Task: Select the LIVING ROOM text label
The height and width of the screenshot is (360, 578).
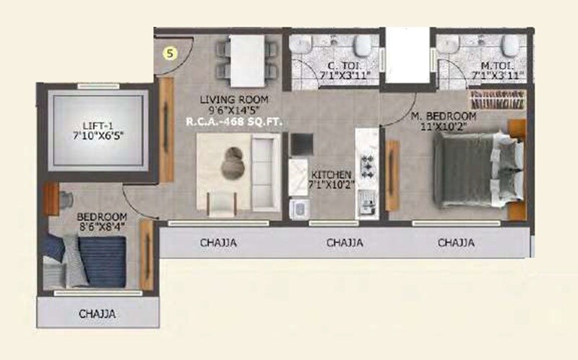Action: coord(235,99)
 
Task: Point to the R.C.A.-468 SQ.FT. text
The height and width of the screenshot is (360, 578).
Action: coord(235,122)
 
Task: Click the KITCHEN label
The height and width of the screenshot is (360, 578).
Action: coord(331,175)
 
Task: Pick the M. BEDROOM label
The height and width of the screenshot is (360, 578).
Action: coord(444,116)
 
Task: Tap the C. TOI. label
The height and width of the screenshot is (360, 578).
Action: coord(335,64)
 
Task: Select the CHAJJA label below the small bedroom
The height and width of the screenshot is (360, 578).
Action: coord(98,314)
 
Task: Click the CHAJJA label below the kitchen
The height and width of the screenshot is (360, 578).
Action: coord(345,243)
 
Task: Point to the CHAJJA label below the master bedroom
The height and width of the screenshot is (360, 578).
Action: coord(457,243)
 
